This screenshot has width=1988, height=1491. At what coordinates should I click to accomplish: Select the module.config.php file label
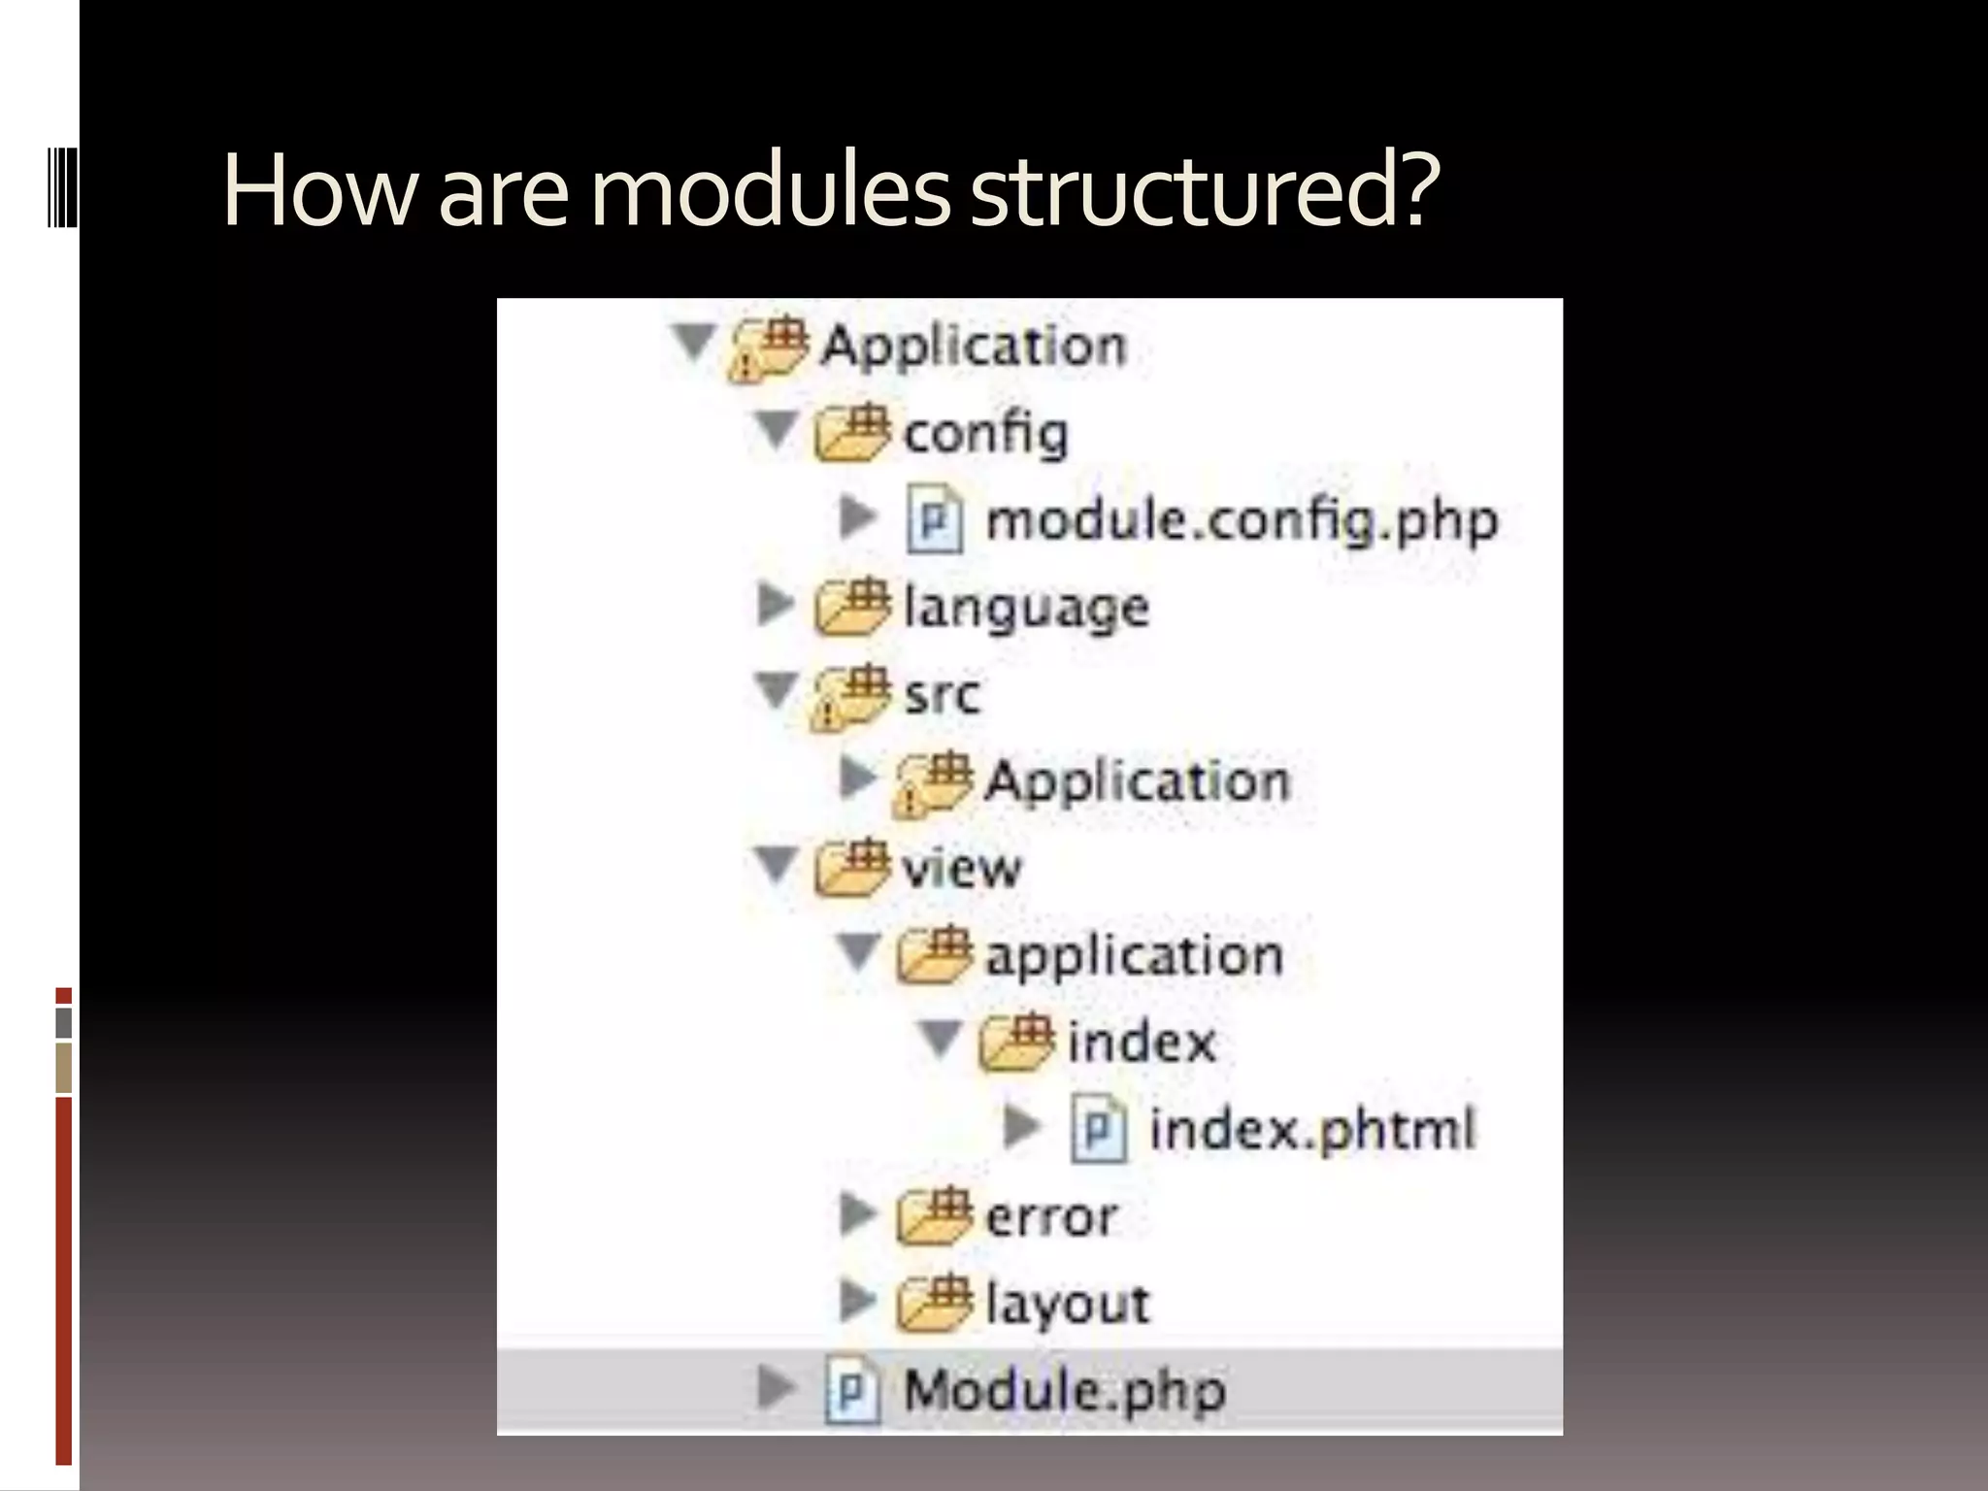pyautogui.click(x=1242, y=521)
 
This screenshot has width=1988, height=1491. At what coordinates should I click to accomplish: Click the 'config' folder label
pyautogui.click(x=985, y=434)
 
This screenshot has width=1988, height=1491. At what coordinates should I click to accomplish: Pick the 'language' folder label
pyautogui.click(x=1026, y=609)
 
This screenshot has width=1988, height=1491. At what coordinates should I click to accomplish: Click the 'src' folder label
pyautogui.click(x=942, y=695)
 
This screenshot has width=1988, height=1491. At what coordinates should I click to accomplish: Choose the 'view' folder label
pyautogui.click(x=961, y=868)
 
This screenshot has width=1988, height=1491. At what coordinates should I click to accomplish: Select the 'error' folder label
pyautogui.click(x=1051, y=1216)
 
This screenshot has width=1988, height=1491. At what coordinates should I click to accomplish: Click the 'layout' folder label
pyautogui.click(x=1067, y=1303)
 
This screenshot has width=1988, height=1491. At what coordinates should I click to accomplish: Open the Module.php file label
pyautogui.click(x=1065, y=1390)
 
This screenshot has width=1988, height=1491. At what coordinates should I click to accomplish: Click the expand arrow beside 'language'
pyautogui.click(x=774, y=605)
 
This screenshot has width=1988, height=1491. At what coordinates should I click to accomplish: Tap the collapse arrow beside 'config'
pyautogui.click(x=777, y=431)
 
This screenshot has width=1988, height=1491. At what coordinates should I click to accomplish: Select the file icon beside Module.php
pyautogui.click(x=852, y=1390)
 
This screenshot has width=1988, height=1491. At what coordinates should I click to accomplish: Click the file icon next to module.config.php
pyautogui.click(x=935, y=520)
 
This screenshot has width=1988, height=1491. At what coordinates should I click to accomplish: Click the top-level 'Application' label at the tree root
pyautogui.click(x=973, y=347)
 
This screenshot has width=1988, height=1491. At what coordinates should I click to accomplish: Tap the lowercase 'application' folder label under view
pyautogui.click(x=1134, y=956)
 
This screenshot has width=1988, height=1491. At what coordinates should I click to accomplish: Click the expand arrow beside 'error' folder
pyautogui.click(x=856, y=1213)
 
